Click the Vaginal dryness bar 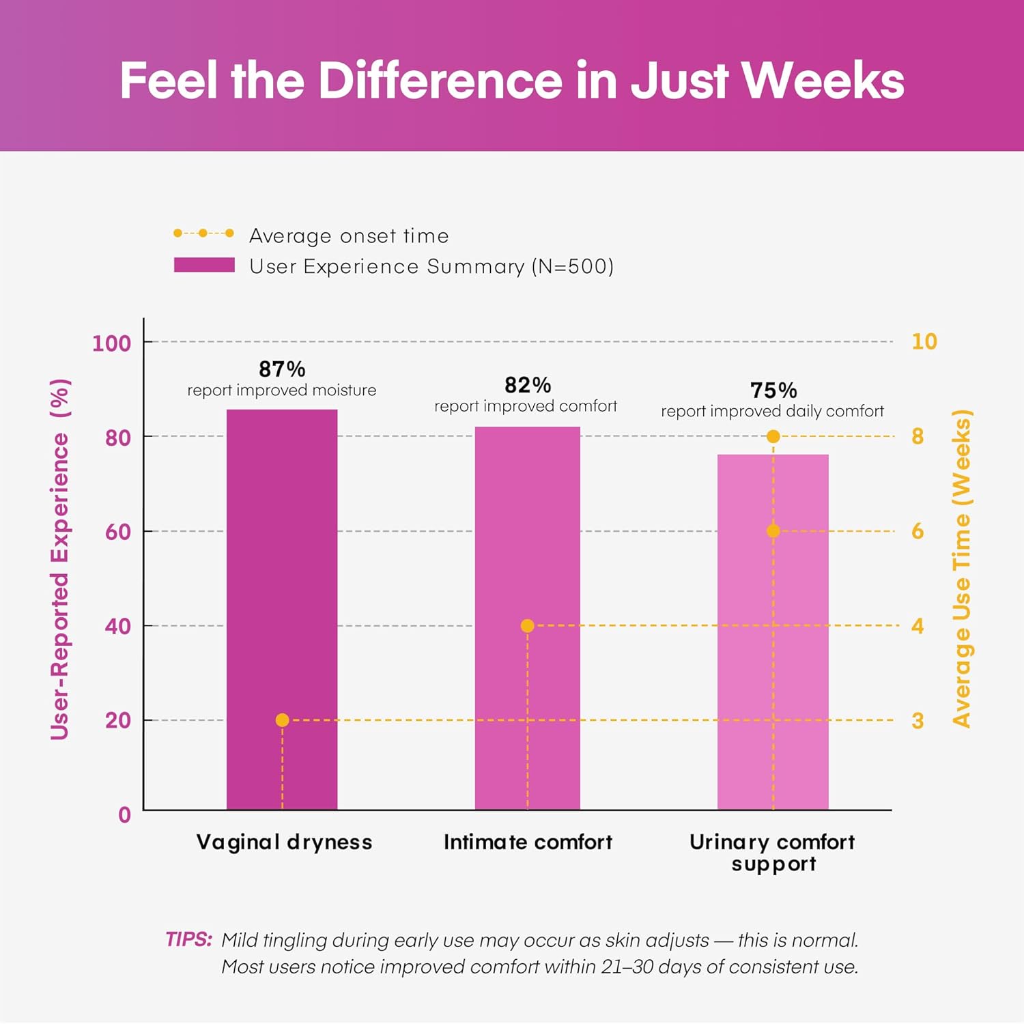point(282,610)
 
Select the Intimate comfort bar point(528,618)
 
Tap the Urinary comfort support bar point(773,632)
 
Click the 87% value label point(282,369)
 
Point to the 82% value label point(528,385)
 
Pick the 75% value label point(773,390)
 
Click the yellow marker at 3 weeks point(282,720)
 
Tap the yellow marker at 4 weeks point(527,625)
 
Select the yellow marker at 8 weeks point(773,436)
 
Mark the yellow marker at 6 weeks point(773,530)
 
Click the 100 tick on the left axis point(111,343)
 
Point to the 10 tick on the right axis point(924,341)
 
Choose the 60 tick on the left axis point(118,531)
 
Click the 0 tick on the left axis point(124,814)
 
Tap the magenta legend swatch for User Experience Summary point(204,265)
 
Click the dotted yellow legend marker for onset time point(203,233)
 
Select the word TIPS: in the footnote point(189,939)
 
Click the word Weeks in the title point(823,81)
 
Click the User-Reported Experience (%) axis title point(60,559)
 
